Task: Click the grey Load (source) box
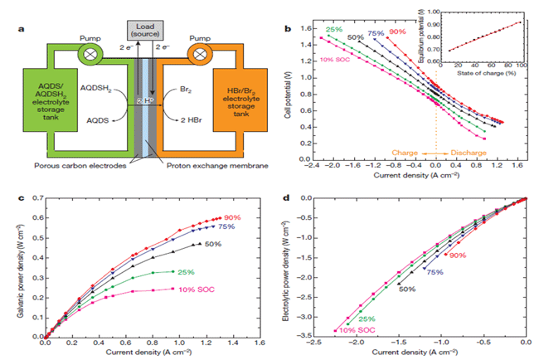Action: coord(143,32)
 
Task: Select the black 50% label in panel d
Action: coord(406,289)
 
